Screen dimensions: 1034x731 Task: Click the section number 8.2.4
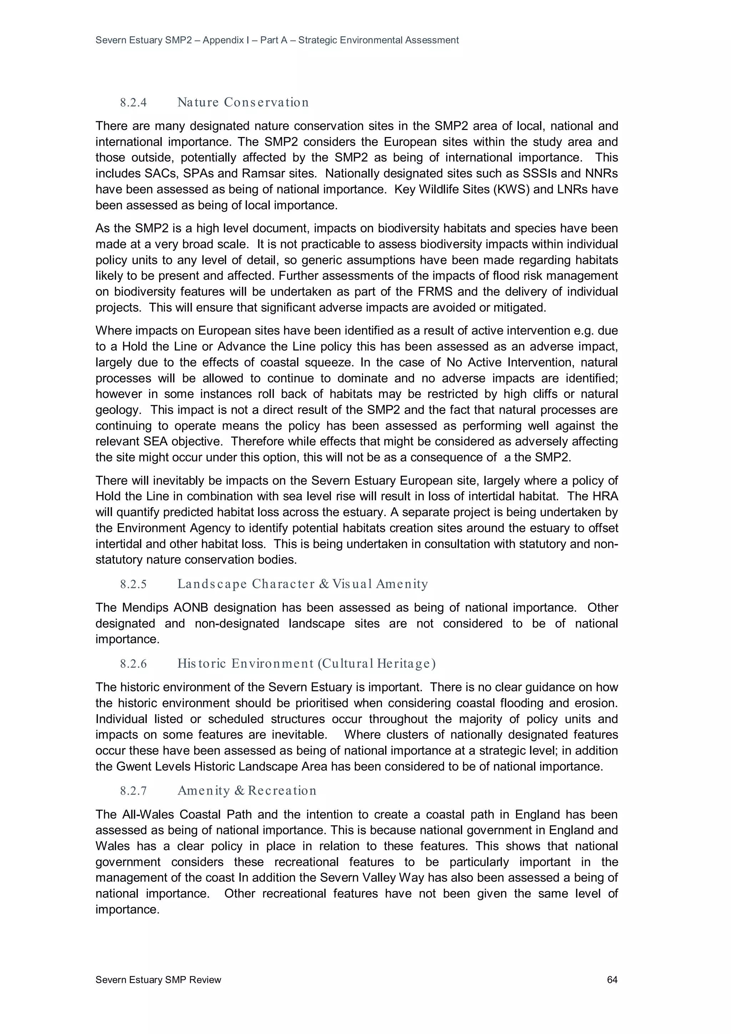point(133,103)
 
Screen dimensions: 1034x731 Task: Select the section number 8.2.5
point(133,585)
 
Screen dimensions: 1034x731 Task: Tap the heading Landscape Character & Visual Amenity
point(302,584)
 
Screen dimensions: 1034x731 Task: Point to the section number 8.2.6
point(133,664)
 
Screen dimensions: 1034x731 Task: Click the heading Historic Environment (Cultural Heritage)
point(306,664)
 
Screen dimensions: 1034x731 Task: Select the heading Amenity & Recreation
point(247,790)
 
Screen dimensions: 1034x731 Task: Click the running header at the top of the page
point(277,40)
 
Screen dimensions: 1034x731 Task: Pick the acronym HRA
point(605,496)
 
